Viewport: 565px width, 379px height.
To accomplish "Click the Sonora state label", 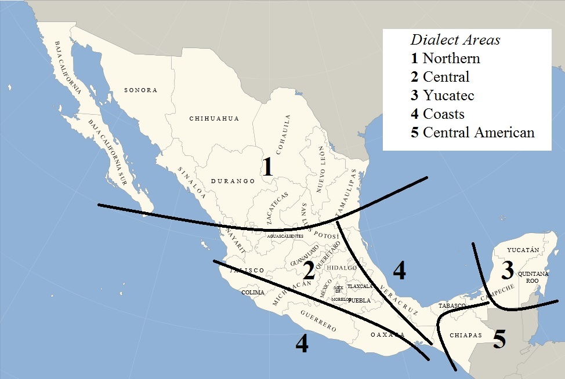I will click(x=141, y=90).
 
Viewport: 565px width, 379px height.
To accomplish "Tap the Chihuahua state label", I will click(x=214, y=119).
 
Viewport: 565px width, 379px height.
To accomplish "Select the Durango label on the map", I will click(x=233, y=181).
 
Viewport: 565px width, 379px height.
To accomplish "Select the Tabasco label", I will click(x=452, y=305).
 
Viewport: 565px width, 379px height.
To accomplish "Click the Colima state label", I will click(x=253, y=293).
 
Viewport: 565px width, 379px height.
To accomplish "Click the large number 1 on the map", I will click(x=267, y=167).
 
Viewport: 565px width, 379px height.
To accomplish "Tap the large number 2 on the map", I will click(x=309, y=270).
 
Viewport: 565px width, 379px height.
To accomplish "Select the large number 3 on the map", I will click(x=508, y=269).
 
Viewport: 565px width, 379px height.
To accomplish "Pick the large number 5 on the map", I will click(x=499, y=339).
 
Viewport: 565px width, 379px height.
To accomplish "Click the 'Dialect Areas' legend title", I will click(x=455, y=40).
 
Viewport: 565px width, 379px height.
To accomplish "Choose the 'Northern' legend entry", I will click(x=446, y=58).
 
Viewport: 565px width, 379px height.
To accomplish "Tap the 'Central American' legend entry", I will click(x=472, y=132).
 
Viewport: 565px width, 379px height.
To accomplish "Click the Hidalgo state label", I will click(x=342, y=268).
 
